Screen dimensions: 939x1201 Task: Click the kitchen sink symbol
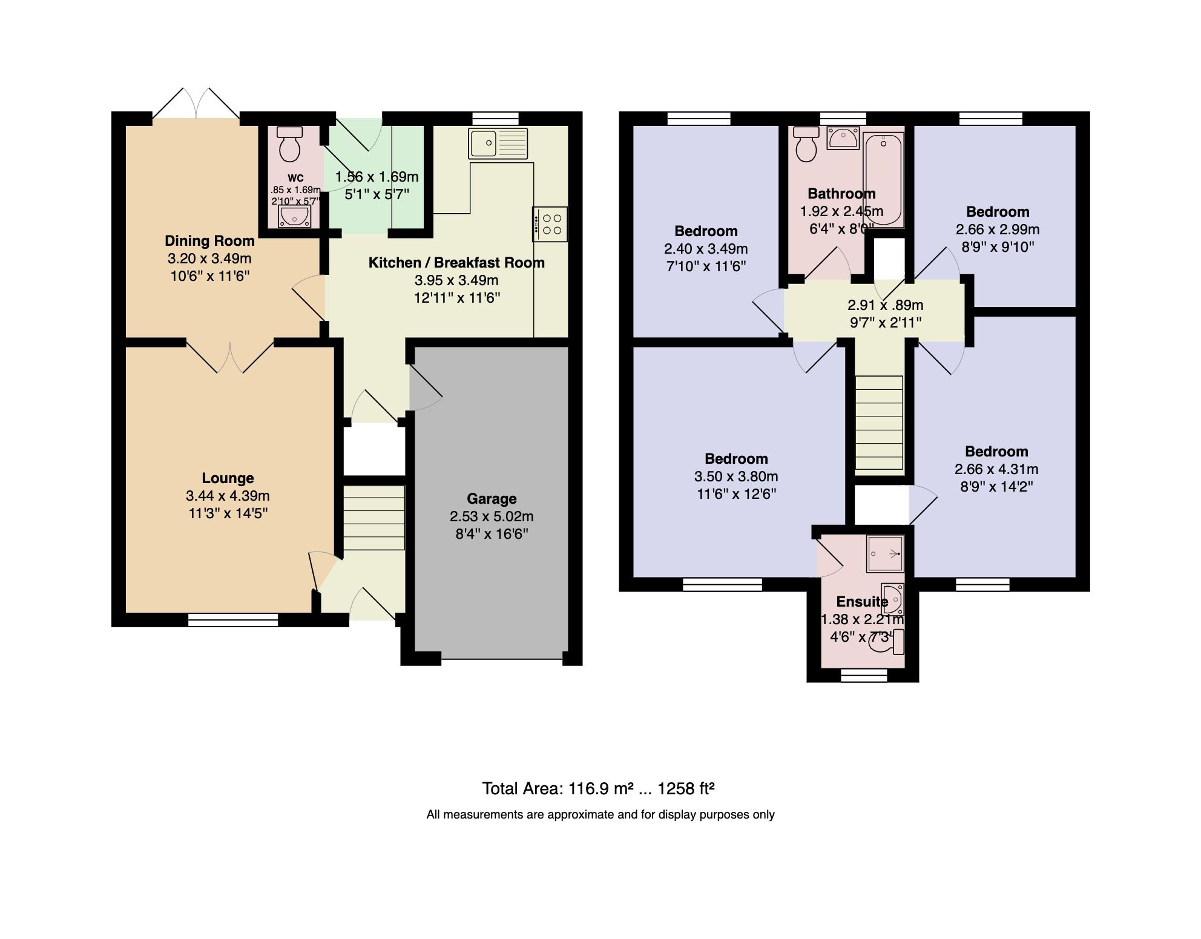498,144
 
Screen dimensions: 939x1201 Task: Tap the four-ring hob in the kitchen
550,224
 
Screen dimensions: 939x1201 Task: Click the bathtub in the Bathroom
884,179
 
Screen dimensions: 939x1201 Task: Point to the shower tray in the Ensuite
885,553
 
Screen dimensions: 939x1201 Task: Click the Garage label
492,499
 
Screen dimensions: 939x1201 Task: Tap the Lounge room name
228,478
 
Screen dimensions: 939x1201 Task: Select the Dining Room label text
209,241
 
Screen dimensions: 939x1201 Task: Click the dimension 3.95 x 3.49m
456,280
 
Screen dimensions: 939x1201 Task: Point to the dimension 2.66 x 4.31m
996,469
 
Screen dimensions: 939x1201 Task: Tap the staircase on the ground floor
374,517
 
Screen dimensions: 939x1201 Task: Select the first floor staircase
879,422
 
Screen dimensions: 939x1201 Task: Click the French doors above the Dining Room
196,104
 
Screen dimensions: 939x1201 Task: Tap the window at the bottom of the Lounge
233,619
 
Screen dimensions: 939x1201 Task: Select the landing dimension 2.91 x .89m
885,305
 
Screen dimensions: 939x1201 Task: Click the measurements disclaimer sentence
600,815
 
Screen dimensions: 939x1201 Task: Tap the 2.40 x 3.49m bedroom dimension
706,249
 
